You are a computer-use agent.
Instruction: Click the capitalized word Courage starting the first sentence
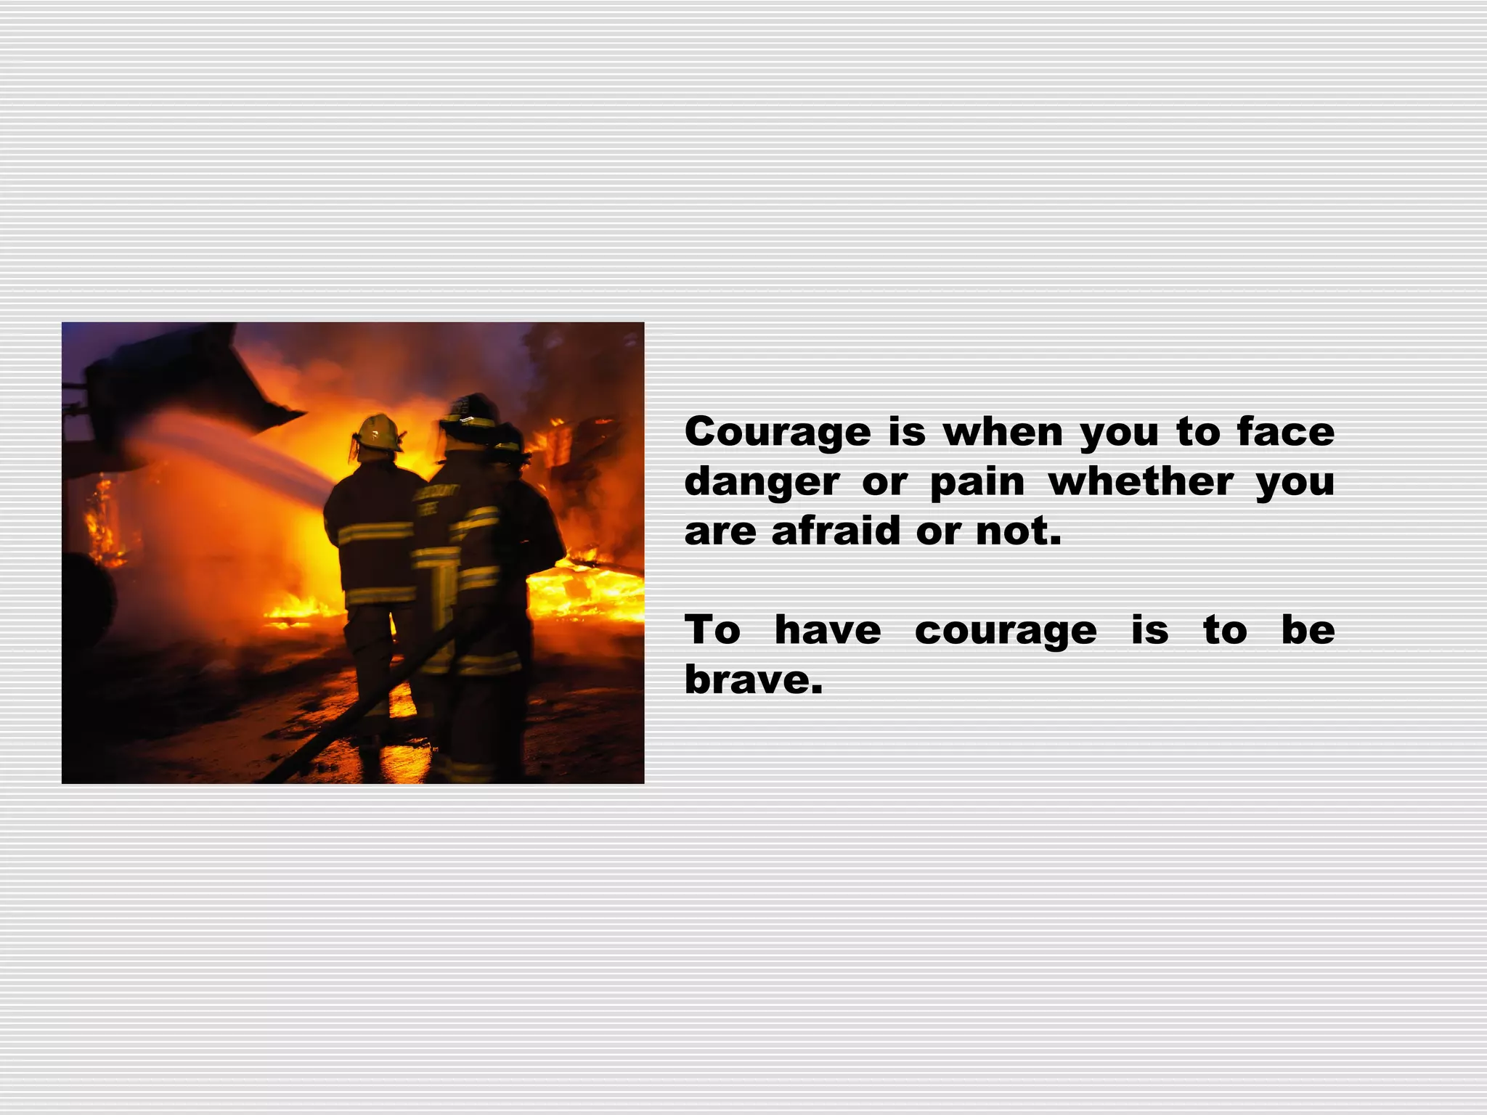pyautogui.click(x=777, y=433)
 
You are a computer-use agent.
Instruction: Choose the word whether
pyautogui.click(x=1141, y=482)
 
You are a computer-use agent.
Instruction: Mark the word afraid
pyautogui.click(x=835, y=531)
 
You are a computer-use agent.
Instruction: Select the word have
pyautogui.click(x=827, y=630)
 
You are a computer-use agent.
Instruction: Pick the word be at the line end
pyautogui.click(x=1308, y=630)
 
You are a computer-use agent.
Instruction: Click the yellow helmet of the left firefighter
pyautogui.click(x=378, y=433)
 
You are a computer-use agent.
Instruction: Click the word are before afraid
pyautogui.click(x=720, y=532)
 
